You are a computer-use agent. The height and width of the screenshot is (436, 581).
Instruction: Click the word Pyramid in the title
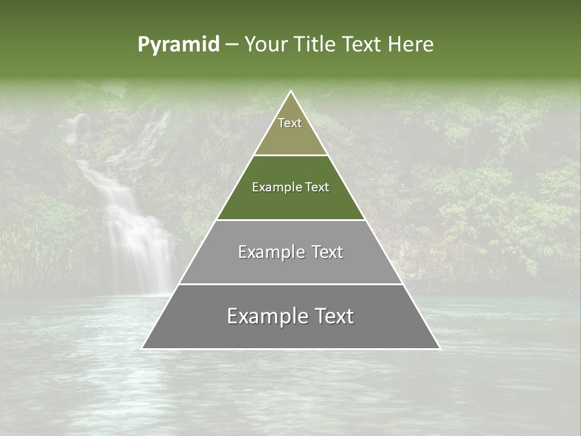[x=179, y=44]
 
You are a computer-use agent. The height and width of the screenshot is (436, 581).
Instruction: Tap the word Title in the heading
[x=314, y=44]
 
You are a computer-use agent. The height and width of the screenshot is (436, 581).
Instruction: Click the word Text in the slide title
[x=361, y=44]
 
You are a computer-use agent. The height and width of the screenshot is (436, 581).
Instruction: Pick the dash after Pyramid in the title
[x=231, y=45]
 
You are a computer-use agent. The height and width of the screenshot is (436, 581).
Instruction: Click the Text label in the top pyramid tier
[x=290, y=123]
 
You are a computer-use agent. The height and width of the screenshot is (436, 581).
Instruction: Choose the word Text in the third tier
[x=325, y=252]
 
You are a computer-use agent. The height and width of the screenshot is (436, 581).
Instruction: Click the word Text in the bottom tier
[x=332, y=316]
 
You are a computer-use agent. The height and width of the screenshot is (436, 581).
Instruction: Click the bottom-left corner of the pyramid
[x=142, y=348]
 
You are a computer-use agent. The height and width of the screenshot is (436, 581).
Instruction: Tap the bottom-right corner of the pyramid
[x=439, y=348]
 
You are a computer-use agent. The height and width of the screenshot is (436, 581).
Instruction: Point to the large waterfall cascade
[x=130, y=230]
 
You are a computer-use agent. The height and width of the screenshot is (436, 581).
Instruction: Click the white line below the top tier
[x=291, y=155]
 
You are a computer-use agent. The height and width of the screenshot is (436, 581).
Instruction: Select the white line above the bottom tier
[x=291, y=284]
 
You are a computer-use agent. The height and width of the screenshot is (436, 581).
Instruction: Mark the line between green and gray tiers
[x=291, y=220]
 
